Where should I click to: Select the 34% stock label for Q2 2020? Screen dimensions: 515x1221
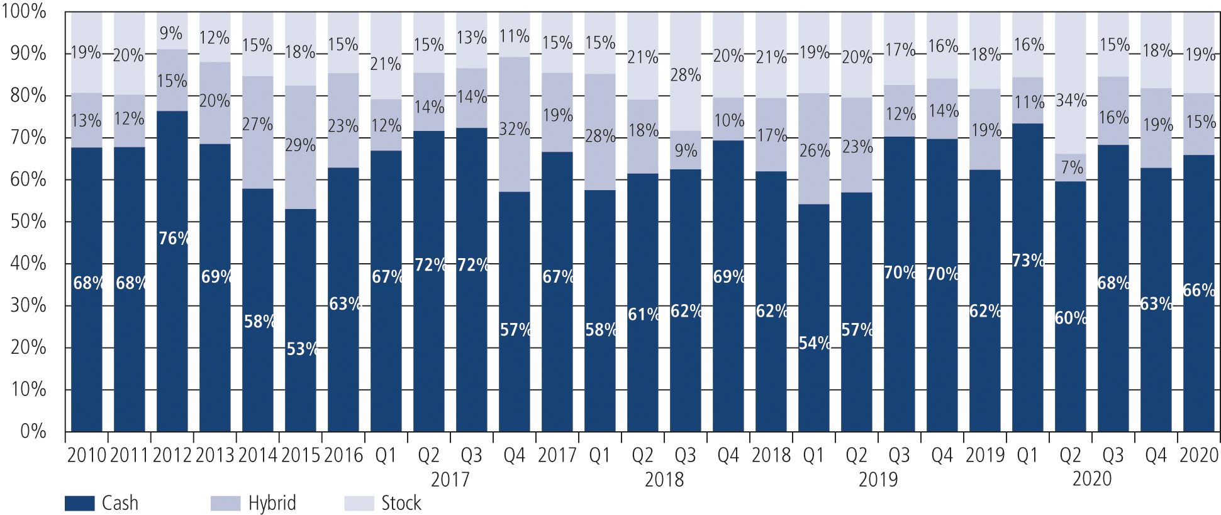point(1071,100)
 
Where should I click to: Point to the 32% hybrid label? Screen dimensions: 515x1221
point(515,129)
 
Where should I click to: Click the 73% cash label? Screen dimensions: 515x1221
point(1028,260)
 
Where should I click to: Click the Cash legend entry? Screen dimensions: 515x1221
point(101,503)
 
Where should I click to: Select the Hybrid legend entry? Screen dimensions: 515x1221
point(254,503)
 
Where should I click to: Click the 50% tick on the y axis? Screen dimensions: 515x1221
point(28,222)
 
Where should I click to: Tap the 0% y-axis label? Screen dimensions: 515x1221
point(33,431)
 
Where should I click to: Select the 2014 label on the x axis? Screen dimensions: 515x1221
point(257,455)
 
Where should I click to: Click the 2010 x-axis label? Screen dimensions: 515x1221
point(86,455)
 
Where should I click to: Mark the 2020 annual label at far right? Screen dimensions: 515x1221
point(1198,455)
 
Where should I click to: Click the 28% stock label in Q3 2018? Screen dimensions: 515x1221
point(686,75)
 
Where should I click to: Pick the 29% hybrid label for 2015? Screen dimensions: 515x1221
point(300,145)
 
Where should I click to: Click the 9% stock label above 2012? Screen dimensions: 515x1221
point(171,33)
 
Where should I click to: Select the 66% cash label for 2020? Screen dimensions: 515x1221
point(1199,290)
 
